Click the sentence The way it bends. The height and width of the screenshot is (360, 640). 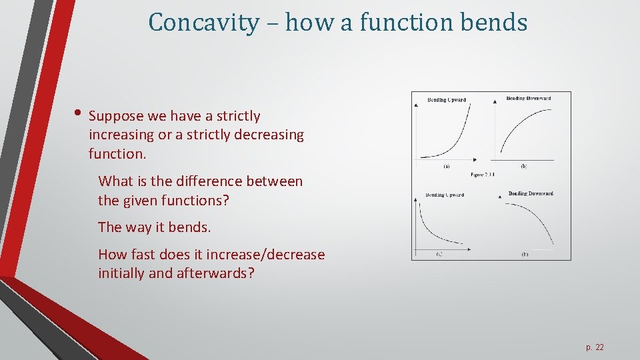[154, 227]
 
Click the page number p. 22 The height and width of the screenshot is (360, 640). [595, 347]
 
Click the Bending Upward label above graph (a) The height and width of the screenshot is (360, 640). [446, 100]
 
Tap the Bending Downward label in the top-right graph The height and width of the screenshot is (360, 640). [529, 99]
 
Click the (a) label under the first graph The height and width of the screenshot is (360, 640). [445, 165]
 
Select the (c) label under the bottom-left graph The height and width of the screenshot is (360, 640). [439, 254]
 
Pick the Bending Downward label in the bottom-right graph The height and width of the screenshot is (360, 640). [531, 194]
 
